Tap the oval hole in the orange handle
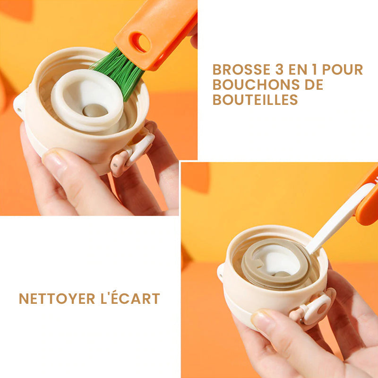tap(140, 43)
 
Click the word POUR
tap(344, 69)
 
